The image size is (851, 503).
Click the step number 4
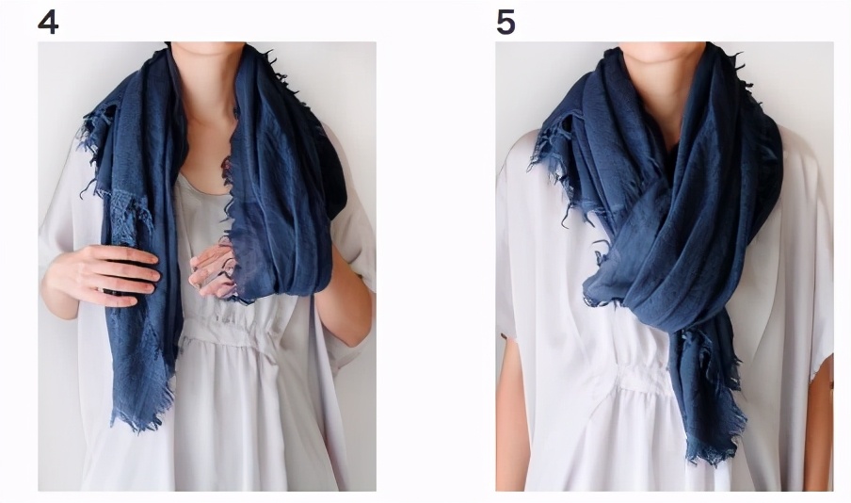pyautogui.click(x=48, y=23)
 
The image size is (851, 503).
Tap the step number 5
pyautogui.click(x=506, y=23)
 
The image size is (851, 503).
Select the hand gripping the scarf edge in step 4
pyautogui.click(x=214, y=270)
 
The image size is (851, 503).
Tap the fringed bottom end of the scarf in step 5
pyautogui.click(x=711, y=446)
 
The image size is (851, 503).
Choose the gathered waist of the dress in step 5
pyautogui.click(x=643, y=375)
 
